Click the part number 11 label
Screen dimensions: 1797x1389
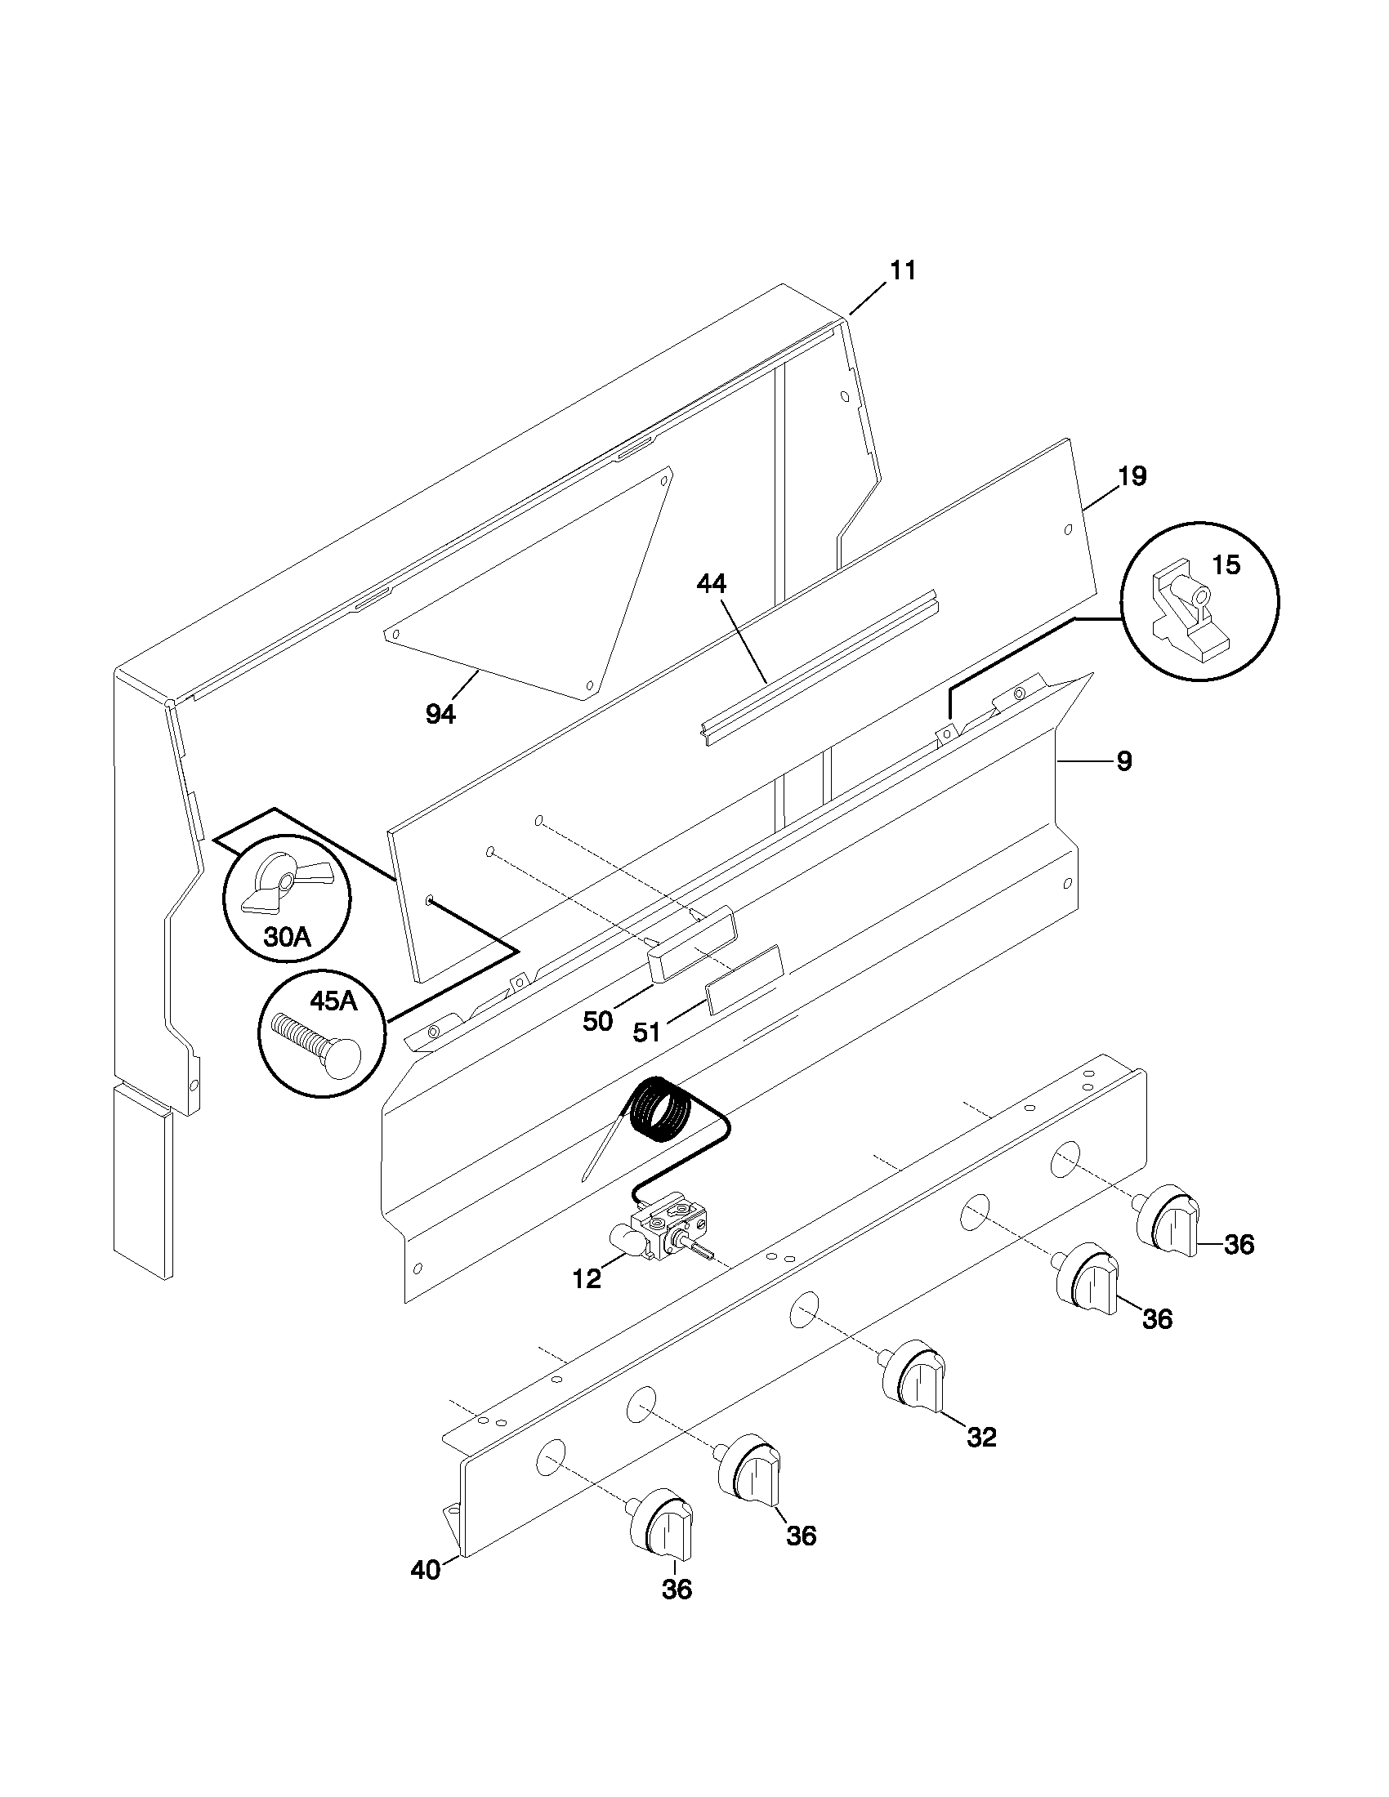(903, 270)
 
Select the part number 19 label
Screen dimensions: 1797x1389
(1132, 476)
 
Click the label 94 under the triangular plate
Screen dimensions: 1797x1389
(440, 715)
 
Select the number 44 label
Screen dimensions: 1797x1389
(711, 584)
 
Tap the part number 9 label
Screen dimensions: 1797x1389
(1124, 762)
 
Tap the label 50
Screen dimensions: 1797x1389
(598, 1021)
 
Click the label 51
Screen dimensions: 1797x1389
(647, 1032)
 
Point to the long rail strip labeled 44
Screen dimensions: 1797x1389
(819, 667)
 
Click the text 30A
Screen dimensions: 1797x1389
(287, 936)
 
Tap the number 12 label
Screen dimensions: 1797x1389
(587, 1279)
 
